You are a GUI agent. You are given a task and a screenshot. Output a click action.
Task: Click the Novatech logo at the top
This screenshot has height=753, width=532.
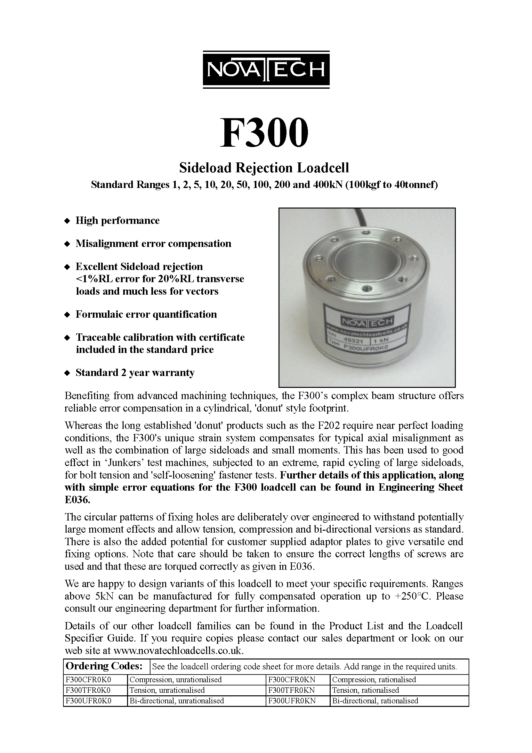click(x=266, y=70)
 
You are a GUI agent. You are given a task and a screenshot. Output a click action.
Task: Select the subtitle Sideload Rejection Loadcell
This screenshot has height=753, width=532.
click(x=264, y=168)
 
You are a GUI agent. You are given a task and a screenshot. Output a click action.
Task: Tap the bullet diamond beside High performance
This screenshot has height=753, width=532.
click(x=67, y=221)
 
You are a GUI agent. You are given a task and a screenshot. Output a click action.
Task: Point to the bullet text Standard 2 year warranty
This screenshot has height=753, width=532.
click(x=135, y=372)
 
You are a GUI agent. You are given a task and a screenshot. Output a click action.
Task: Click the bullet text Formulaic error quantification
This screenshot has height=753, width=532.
click(x=146, y=314)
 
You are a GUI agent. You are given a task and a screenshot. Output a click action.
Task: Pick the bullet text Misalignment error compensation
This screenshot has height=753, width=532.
click(x=153, y=243)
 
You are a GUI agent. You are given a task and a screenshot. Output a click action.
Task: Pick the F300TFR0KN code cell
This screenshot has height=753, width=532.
click(x=291, y=690)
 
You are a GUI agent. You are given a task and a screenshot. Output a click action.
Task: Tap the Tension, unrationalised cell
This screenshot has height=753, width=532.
click(x=167, y=690)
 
